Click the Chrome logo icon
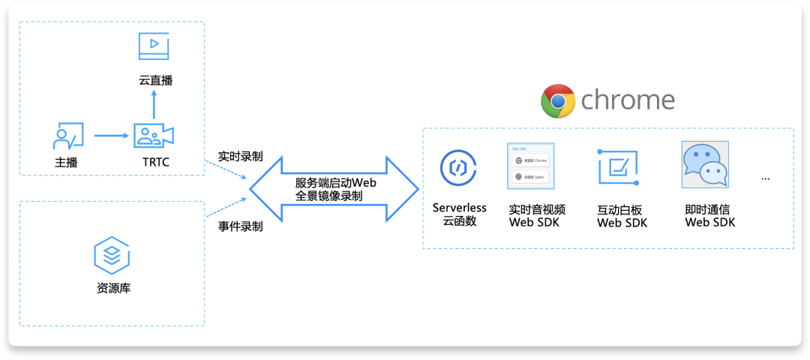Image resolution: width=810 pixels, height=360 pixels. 558,101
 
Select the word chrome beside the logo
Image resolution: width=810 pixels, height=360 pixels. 628,100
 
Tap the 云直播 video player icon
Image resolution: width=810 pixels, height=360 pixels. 154,46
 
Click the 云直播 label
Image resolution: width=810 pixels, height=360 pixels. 155,80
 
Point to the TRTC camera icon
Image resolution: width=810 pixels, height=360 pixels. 154,135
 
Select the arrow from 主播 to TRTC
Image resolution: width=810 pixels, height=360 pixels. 112,136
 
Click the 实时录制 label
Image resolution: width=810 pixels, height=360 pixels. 240,157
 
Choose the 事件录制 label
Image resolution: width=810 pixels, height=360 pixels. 240,226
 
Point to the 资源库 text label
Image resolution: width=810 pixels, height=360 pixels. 113,288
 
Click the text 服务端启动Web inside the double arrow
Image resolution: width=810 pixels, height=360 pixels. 334,183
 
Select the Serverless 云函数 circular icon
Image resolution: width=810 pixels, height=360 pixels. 458,169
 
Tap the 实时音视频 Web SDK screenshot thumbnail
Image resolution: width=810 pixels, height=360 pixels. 529,166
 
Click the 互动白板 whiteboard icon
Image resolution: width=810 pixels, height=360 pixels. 619,166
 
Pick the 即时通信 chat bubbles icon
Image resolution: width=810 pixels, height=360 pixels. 705,165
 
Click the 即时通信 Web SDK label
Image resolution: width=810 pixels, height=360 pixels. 709,216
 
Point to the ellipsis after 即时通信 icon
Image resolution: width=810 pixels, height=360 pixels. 766,179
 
